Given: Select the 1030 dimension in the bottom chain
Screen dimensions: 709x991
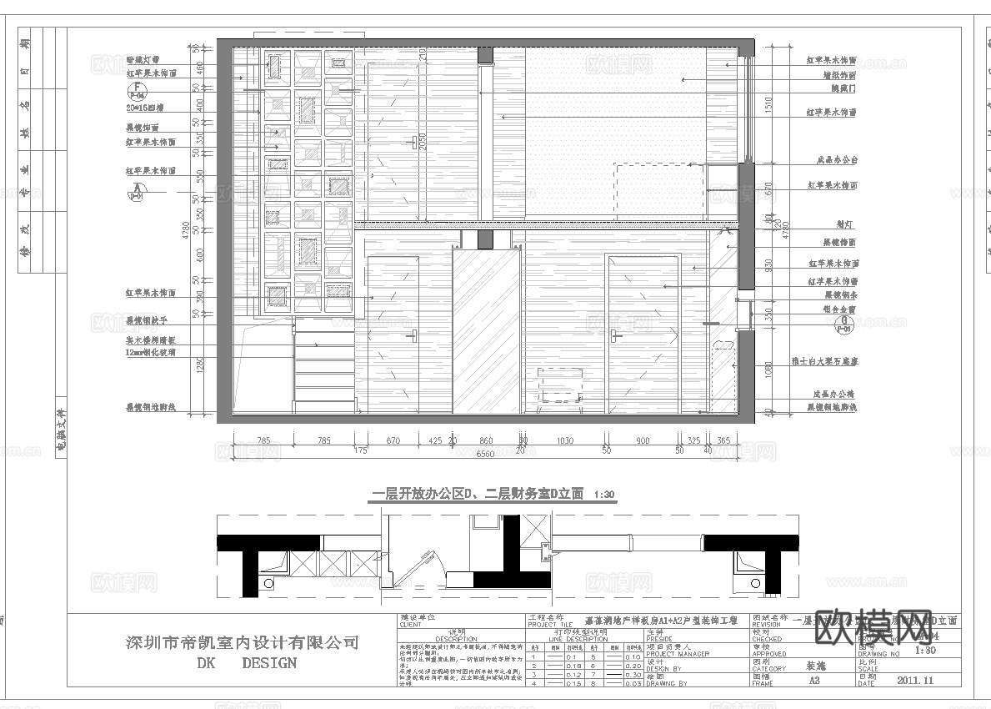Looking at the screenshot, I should pos(566,440).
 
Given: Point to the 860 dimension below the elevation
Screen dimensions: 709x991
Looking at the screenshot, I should pos(486,440).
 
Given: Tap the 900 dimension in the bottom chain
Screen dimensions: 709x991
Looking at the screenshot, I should pos(643,440).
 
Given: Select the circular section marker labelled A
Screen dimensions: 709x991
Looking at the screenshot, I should pos(135,190).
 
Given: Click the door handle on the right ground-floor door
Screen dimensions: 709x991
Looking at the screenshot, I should pos(615,334).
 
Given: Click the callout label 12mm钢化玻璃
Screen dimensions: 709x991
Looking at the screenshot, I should pos(151,353).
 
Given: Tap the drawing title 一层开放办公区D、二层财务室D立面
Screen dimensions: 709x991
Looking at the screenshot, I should pos(477,494).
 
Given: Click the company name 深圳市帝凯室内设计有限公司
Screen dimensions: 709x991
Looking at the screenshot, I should pos(242,643).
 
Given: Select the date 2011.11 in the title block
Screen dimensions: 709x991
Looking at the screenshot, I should pos(918,681).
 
